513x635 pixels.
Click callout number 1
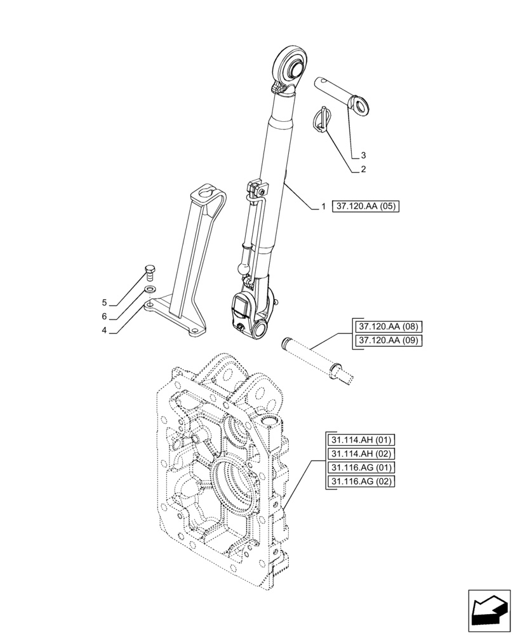[x=323, y=206]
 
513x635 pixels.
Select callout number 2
[x=363, y=170]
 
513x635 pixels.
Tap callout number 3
[x=363, y=155]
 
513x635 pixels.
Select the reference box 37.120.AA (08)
[x=390, y=327]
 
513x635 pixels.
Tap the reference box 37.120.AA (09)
[x=390, y=341]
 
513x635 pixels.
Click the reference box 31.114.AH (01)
[x=362, y=440]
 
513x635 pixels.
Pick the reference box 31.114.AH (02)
[x=362, y=454]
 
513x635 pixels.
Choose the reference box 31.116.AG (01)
[x=362, y=468]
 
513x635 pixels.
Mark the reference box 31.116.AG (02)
[x=362, y=482]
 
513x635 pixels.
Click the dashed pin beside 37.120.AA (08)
[x=318, y=359]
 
